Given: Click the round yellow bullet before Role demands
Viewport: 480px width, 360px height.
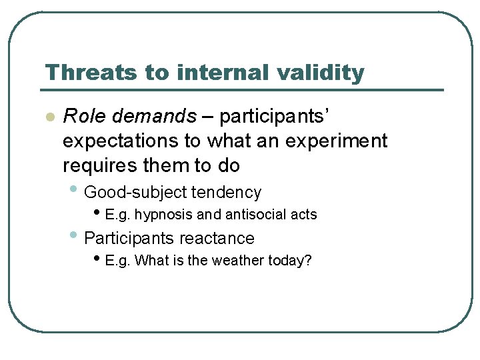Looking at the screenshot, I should coord(49,117).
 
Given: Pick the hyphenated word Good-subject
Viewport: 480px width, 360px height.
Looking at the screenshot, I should coord(135,193).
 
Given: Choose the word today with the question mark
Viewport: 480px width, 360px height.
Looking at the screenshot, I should coord(291,261).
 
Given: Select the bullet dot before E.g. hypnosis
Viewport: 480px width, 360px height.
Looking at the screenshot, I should coord(98,214).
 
